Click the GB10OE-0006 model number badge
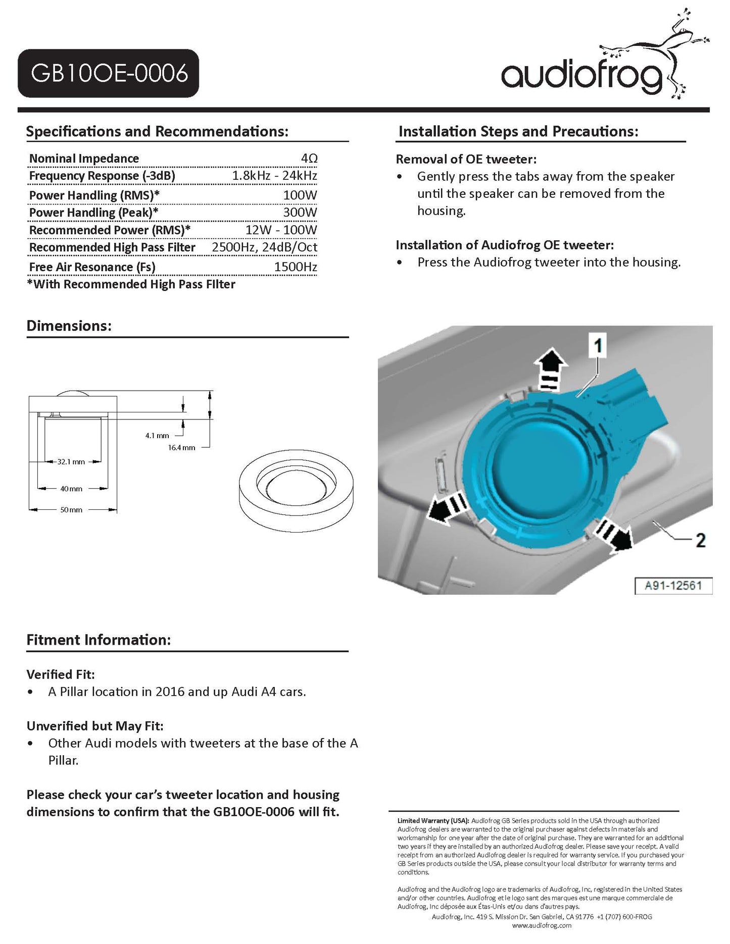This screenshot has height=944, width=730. [x=109, y=73]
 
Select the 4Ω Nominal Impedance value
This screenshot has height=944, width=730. [x=309, y=159]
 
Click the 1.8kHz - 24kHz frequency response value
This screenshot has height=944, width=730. [x=274, y=176]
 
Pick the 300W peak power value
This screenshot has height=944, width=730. [x=300, y=212]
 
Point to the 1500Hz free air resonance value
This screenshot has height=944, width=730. [x=296, y=267]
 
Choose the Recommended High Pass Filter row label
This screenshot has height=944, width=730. [x=112, y=247]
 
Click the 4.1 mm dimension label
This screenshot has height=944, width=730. [x=157, y=435]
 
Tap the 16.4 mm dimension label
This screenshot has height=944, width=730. [x=181, y=447]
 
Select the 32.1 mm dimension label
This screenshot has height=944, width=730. [x=71, y=461]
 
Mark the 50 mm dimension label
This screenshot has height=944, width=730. [x=71, y=510]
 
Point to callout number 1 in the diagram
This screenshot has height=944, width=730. [x=598, y=346]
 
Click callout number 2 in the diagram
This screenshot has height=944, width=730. [x=701, y=540]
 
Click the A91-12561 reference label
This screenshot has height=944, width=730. [x=673, y=586]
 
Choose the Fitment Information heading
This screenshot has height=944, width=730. [x=99, y=640]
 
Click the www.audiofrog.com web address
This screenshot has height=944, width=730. [x=542, y=925]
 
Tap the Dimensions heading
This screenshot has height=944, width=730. [x=69, y=326]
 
